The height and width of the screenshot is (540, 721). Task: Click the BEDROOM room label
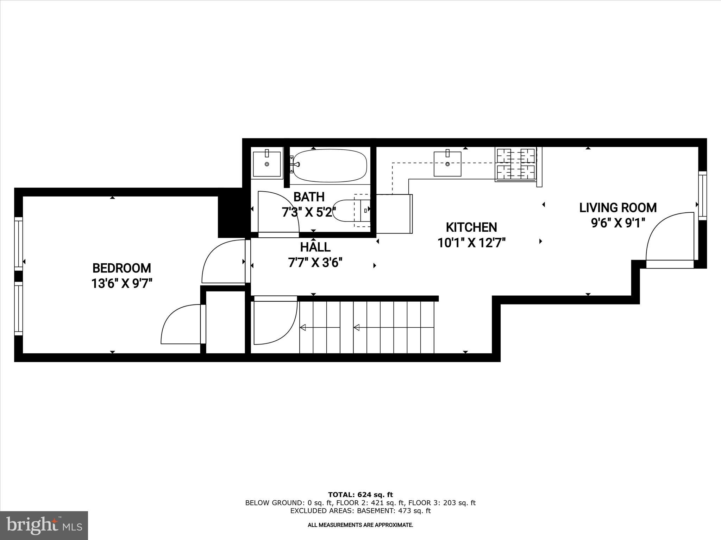pos(121,268)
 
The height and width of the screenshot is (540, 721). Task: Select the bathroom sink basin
pos(267,164)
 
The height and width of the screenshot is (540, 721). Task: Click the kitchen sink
pos(447,164)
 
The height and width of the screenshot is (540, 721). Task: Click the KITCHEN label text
pos(471,227)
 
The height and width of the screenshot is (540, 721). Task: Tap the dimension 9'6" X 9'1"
pos(618,223)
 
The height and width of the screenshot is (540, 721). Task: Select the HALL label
pos(315,247)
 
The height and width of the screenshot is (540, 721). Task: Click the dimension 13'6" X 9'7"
pos(121,283)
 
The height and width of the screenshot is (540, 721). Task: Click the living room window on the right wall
pos(702,195)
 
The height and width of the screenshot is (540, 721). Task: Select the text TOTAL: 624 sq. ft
pos(360,495)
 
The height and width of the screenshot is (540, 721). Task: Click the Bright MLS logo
pos(44,526)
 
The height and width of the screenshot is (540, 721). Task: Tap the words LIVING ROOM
pos(618,208)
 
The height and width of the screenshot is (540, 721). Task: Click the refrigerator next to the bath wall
pos(394,213)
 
